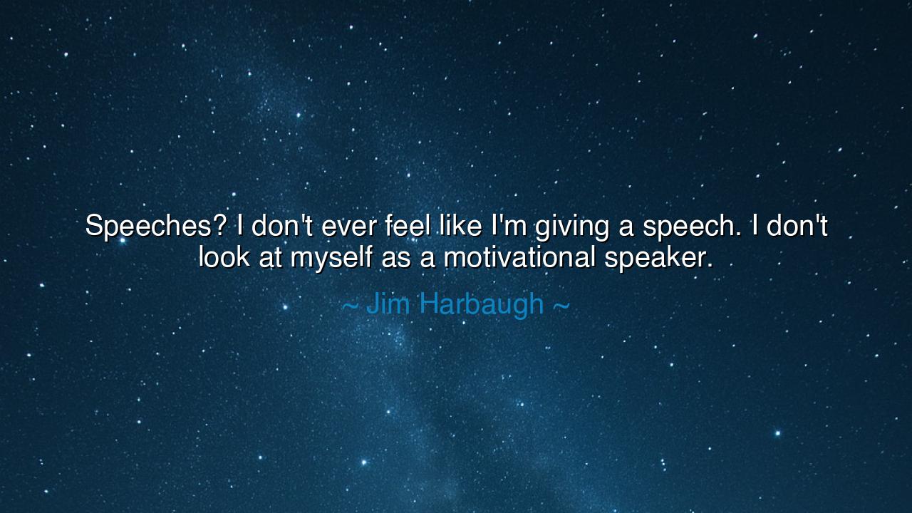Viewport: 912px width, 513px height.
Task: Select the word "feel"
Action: point(408,227)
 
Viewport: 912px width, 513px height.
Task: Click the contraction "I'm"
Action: point(507,227)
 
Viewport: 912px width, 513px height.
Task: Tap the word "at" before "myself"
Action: point(271,257)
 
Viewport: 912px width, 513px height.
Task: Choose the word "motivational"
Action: point(519,256)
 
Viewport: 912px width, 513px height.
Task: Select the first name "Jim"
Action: point(388,304)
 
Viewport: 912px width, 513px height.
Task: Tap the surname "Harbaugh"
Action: point(480,305)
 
